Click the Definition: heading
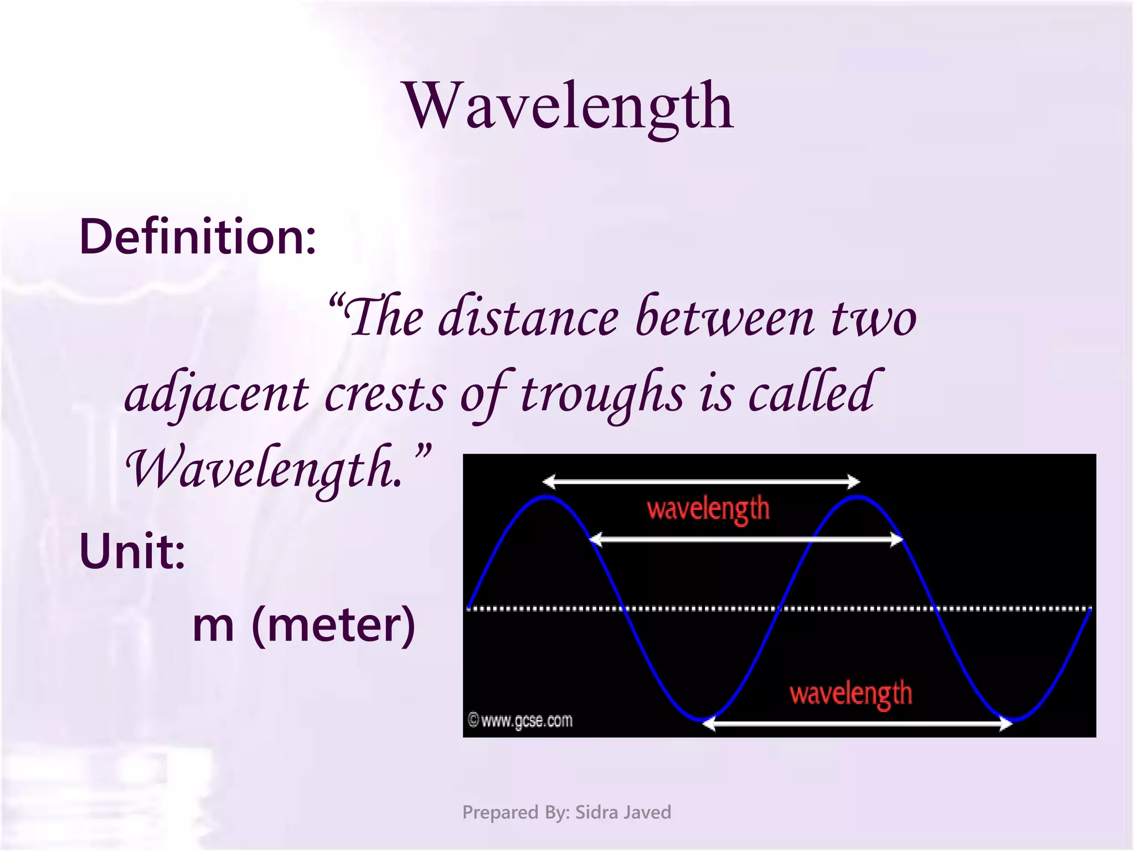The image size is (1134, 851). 198,237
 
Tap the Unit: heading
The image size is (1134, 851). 132,551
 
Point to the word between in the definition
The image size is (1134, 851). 725,318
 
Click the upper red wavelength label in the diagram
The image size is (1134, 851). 708,509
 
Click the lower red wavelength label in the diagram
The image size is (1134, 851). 850,694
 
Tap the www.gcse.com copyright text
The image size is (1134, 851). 520,721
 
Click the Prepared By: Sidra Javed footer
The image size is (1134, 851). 566,812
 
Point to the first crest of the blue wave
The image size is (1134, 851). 546,498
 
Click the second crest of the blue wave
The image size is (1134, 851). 857,498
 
